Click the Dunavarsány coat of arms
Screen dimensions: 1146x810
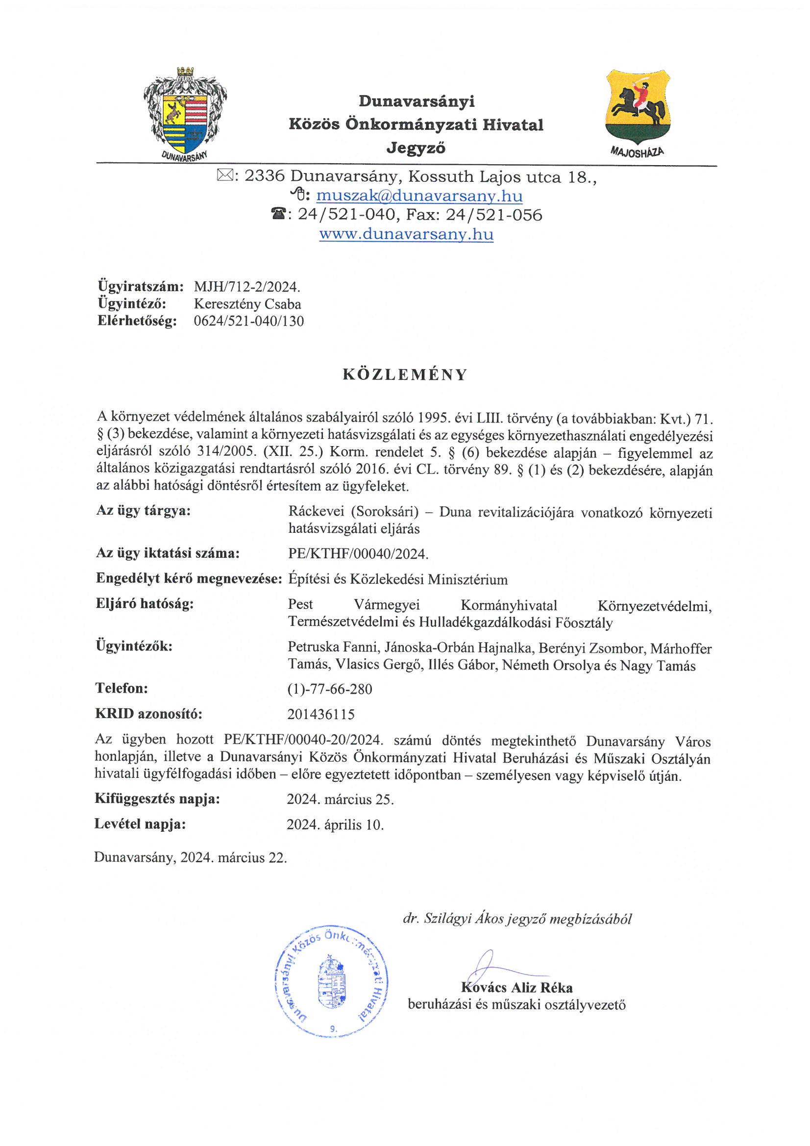coord(185,114)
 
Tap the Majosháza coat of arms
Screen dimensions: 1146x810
coord(638,111)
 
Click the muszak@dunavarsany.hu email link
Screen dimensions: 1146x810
coord(419,196)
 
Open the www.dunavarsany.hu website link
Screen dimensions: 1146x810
coord(406,234)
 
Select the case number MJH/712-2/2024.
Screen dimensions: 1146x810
coord(247,287)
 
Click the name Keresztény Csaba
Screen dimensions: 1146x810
coord(247,304)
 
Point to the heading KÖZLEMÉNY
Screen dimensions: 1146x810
coord(405,374)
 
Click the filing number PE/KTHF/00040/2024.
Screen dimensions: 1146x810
coord(358,553)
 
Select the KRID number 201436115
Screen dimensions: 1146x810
coord(320,714)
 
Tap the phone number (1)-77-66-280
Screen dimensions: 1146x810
coord(329,689)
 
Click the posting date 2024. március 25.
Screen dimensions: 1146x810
coord(340,799)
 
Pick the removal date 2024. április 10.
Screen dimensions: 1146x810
coord(335,824)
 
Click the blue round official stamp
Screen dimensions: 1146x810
coord(331,981)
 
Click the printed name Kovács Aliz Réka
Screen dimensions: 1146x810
coord(517,988)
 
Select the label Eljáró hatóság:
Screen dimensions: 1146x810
coord(145,604)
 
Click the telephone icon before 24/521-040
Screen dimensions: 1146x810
coord(278,215)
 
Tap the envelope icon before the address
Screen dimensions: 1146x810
coord(224,175)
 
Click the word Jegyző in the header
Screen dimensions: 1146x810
coord(416,148)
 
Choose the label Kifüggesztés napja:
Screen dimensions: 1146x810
coord(157,798)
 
